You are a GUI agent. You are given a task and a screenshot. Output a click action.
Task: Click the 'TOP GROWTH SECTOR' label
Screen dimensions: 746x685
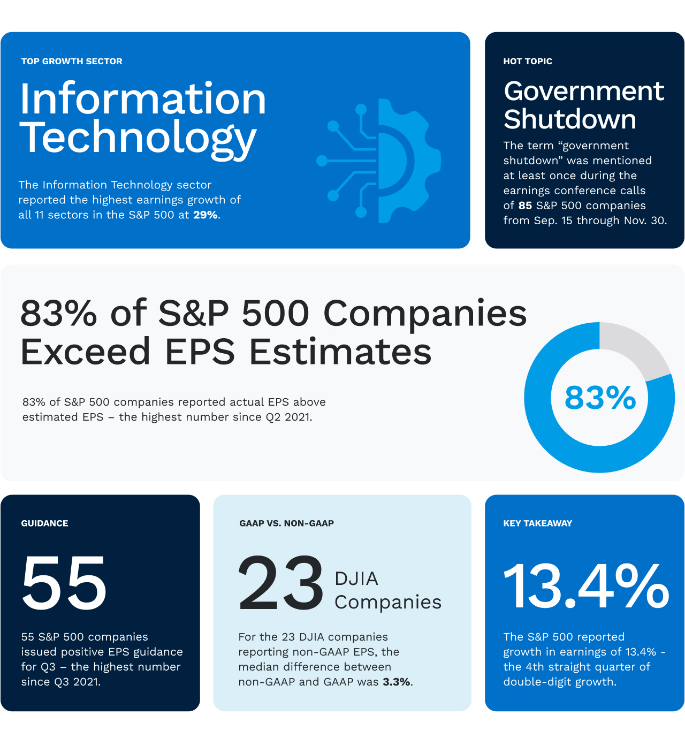point(72,62)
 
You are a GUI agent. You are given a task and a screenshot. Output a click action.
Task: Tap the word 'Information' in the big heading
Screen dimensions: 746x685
point(143,99)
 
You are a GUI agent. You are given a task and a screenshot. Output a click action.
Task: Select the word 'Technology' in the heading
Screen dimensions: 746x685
point(138,138)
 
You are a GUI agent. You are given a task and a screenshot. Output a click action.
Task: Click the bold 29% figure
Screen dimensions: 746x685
point(205,215)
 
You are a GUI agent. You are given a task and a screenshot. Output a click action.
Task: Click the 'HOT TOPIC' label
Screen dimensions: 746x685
point(528,62)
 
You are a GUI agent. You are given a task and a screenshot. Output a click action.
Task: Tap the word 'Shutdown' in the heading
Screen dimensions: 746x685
point(570,119)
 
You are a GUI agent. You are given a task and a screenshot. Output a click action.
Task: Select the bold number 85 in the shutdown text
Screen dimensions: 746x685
point(525,205)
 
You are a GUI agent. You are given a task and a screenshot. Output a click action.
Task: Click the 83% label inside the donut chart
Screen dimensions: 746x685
point(600,398)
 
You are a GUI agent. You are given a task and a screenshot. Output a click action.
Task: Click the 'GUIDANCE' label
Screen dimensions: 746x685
point(44,523)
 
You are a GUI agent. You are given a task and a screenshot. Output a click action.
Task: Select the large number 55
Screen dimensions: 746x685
point(64,583)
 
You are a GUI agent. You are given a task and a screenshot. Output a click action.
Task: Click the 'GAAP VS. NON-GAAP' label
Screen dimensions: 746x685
point(286,523)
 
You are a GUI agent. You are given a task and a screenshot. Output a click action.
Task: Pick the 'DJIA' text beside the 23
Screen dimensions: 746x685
point(356,578)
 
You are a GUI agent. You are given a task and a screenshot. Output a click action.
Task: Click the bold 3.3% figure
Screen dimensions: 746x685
point(397,682)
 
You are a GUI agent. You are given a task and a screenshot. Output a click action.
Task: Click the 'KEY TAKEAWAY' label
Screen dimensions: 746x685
point(537,523)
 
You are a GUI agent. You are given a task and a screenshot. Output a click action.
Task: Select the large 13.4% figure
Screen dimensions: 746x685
point(586,587)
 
